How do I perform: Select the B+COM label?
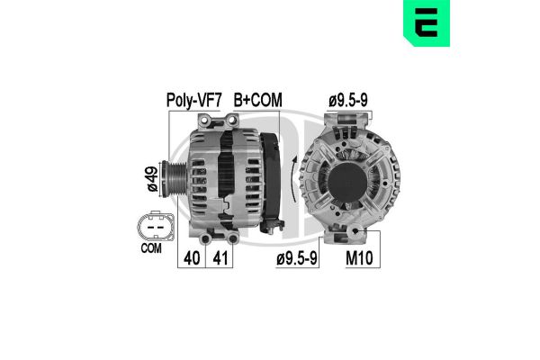tap(256, 100)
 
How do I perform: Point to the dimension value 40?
tap(192, 258)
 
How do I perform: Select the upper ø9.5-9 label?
tap(347, 100)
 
